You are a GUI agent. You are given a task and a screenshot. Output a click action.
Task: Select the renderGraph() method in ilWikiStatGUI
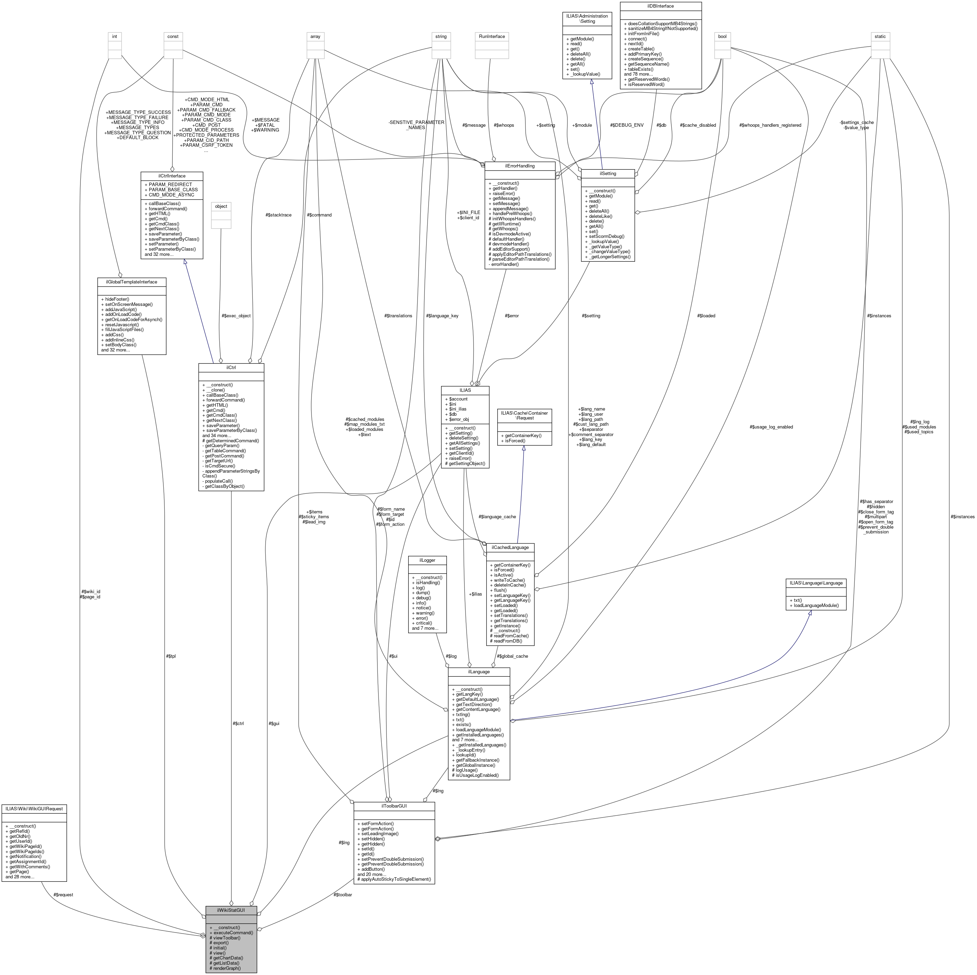(x=225, y=968)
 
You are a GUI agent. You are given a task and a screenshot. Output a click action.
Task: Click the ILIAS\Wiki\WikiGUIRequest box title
(x=34, y=809)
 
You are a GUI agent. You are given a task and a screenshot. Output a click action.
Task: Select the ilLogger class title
(x=427, y=560)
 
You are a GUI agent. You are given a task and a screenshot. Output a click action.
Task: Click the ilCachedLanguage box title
(x=510, y=547)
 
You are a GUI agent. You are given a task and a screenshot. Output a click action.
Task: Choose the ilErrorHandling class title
(x=519, y=166)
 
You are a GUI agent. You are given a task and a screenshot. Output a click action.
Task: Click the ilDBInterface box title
(x=660, y=6)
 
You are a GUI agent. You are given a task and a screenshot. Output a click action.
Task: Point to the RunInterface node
(x=489, y=36)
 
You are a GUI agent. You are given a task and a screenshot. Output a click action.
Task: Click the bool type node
(x=722, y=36)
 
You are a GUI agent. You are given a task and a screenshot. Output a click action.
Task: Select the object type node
(x=221, y=206)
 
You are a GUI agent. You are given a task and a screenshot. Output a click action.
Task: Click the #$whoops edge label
(x=504, y=125)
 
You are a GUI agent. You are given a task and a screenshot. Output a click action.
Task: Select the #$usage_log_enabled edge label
(x=771, y=427)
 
